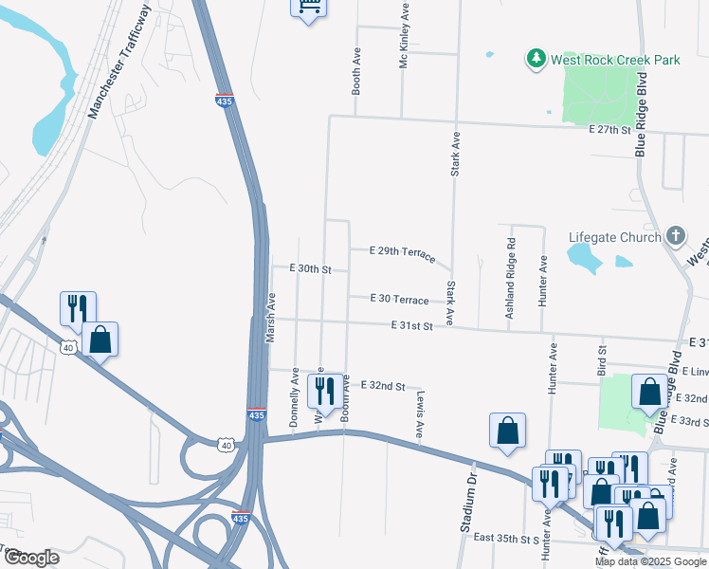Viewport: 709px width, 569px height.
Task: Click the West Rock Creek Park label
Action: point(616,60)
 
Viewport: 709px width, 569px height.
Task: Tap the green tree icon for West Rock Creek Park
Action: point(536,60)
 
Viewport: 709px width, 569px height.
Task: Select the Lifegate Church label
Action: point(614,236)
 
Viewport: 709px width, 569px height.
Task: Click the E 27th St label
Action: point(609,129)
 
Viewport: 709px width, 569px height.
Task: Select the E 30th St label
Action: point(309,269)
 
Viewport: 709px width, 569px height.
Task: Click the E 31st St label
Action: point(411,326)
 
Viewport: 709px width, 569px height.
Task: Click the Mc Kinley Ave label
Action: point(404,35)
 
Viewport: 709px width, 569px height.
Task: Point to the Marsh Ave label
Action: point(270,317)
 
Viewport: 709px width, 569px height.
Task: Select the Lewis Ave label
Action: point(419,417)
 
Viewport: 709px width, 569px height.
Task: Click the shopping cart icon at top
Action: point(307,6)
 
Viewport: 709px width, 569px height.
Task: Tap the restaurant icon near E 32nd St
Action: point(326,391)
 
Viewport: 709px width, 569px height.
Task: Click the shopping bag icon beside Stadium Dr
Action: point(508,430)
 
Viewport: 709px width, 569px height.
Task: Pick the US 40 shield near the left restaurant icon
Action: point(68,348)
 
